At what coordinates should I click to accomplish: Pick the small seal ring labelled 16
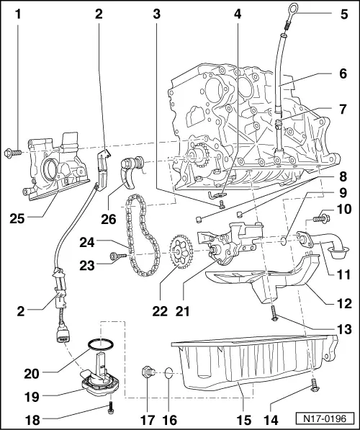coord(167,373)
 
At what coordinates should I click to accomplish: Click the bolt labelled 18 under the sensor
coord(109,408)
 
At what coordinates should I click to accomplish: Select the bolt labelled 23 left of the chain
coord(116,255)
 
